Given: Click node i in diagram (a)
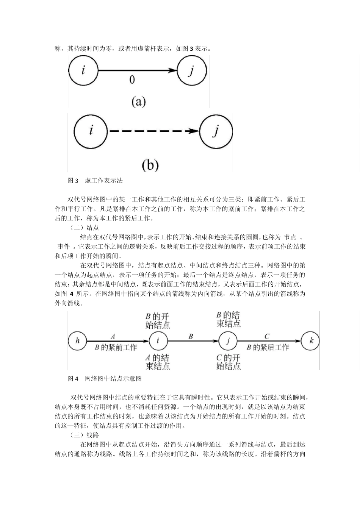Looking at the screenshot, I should (x=83, y=70).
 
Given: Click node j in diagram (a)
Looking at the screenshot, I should (x=192, y=70).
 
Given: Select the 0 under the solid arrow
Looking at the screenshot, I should (x=132, y=80).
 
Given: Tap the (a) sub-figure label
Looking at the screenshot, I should (x=138, y=101).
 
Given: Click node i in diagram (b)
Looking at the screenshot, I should (x=91, y=131).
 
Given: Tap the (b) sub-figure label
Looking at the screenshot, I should (x=150, y=165).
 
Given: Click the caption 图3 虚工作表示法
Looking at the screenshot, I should (x=95, y=181).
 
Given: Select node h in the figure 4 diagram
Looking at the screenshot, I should (x=78, y=340).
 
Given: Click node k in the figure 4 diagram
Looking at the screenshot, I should (x=311, y=340).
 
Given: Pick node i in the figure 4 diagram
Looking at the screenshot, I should (x=158, y=340).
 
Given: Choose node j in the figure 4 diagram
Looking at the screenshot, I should (x=228, y=340).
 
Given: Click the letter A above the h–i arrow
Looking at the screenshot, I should (x=113, y=336).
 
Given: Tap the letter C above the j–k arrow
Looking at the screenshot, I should (x=267, y=336).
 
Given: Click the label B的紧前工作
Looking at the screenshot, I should (x=116, y=347).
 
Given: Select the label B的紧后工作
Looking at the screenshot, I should (x=268, y=347).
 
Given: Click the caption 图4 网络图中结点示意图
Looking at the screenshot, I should (x=105, y=378).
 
